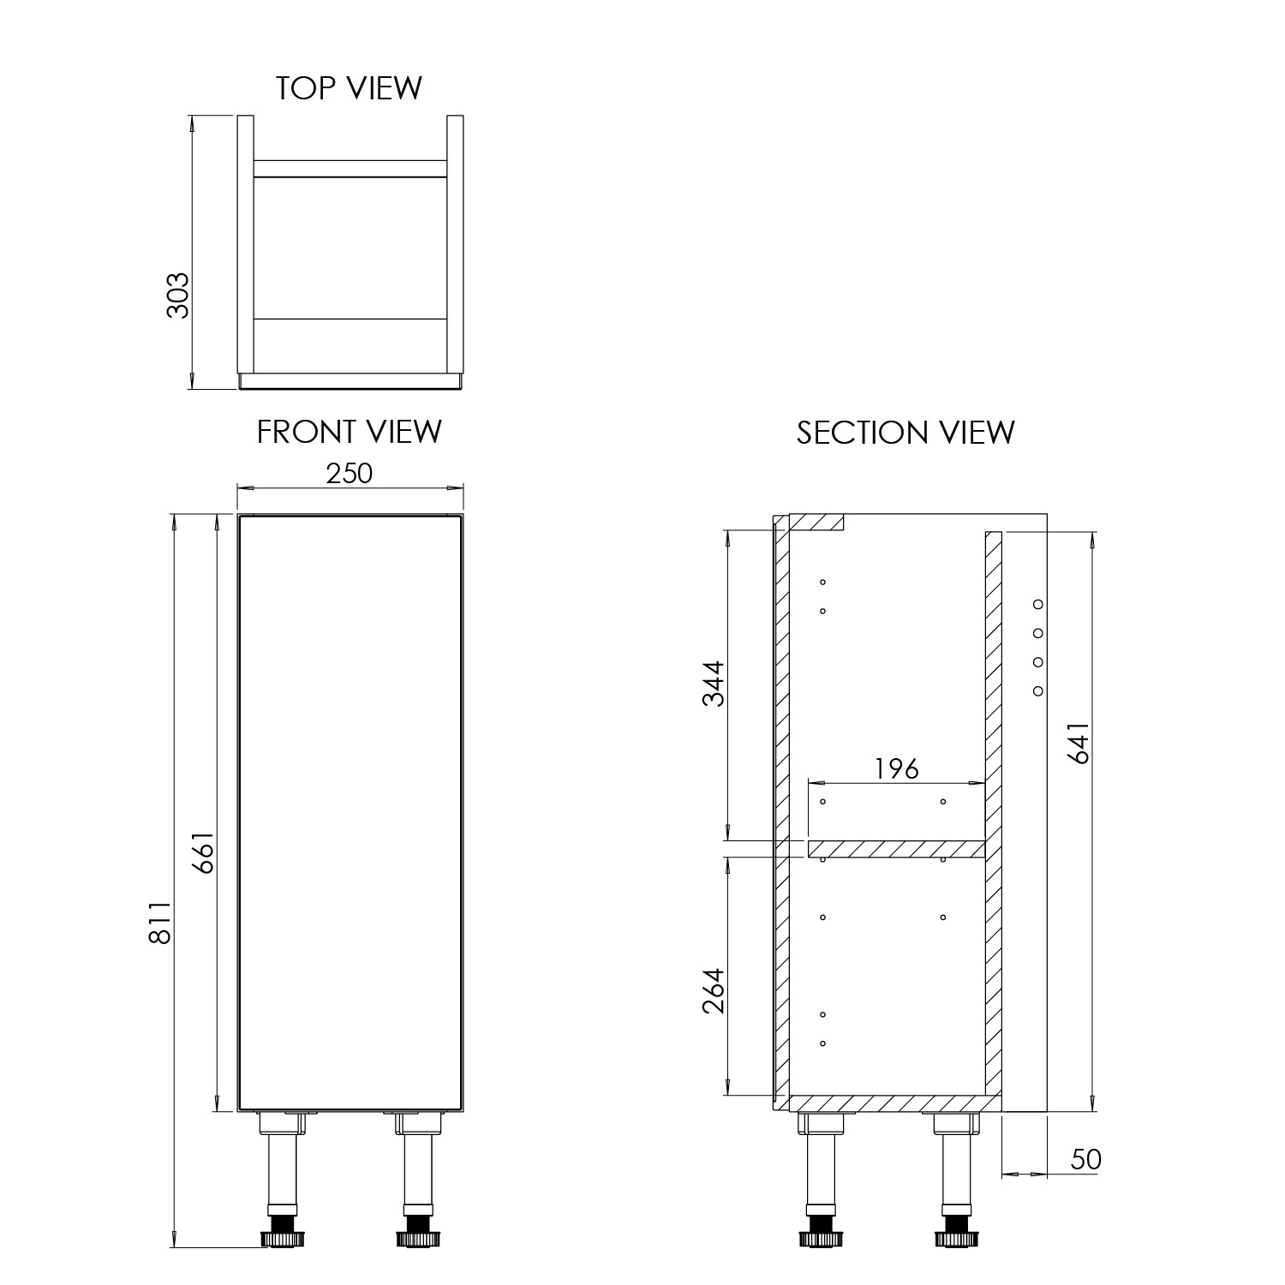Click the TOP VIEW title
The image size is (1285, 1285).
click(x=349, y=88)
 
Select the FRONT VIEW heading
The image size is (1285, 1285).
click(x=349, y=432)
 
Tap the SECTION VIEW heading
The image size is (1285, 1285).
click(x=905, y=433)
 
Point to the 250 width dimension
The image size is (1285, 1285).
click(x=350, y=473)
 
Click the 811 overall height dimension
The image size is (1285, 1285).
click(x=160, y=922)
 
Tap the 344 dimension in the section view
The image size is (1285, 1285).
click(x=714, y=683)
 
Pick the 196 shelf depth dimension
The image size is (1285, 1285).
click(x=896, y=768)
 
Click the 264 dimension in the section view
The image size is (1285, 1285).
click(x=714, y=990)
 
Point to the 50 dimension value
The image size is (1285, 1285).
click(x=1085, y=1159)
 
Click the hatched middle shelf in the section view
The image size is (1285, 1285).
click(x=896, y=849)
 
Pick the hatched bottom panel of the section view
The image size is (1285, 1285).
click(x=891, y=1103)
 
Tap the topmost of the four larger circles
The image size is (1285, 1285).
click(x=1038, y=604)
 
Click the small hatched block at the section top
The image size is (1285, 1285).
click(x=816, y=522)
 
